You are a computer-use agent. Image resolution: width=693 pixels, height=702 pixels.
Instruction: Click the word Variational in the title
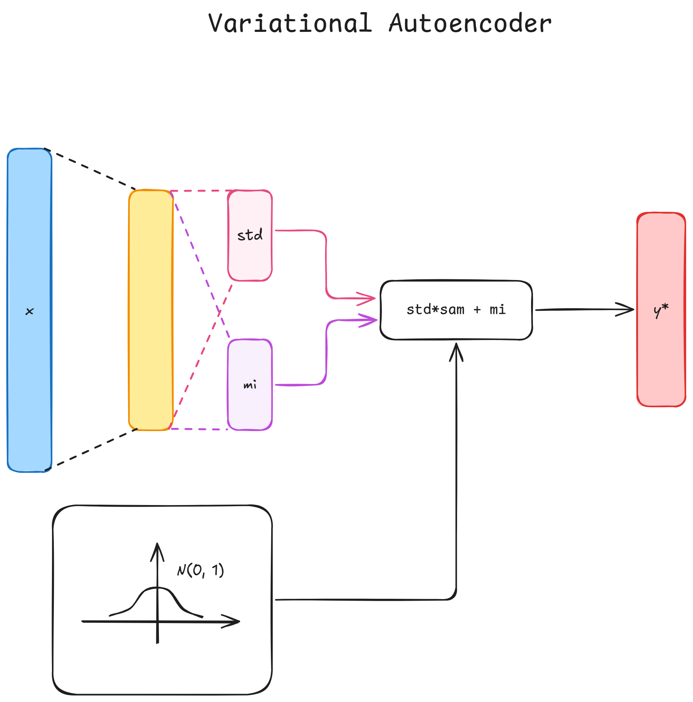pyautogui.click(x=290, y=24)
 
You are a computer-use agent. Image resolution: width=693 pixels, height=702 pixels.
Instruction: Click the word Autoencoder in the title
pyautogui.click(x=470, y=24)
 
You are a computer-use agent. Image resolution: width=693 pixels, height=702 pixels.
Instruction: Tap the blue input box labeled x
pyautogui.click(x=30, y=266)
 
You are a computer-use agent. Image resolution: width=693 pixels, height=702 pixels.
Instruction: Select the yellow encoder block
pyautogui.click(x=151, y=310)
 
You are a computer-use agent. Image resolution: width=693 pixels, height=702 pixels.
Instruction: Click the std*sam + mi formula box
pyautogui.click(x=456, y=310)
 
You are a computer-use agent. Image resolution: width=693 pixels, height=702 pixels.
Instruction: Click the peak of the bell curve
pyautogui.click(x=157, y=588)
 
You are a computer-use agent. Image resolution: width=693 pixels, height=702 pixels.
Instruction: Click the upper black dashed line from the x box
pyautogui.click(x=91, y=170)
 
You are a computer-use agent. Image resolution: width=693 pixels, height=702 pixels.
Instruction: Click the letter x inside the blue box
pyautogui.click(x=30, y=312)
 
